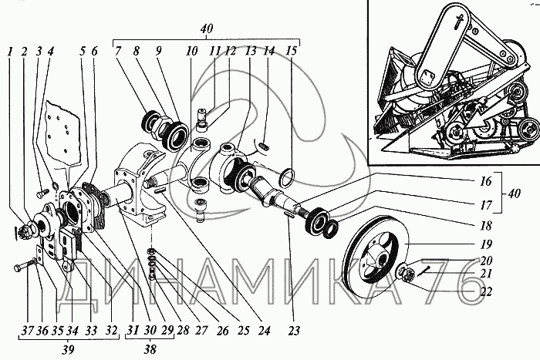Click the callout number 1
pyautogui.click(x=10, y=52)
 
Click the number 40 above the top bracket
pyautogui.click(x=206, y=29)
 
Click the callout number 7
pyautogui.click(x=117, y=52)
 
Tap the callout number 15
pyautogui.click(x=290, y=52)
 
